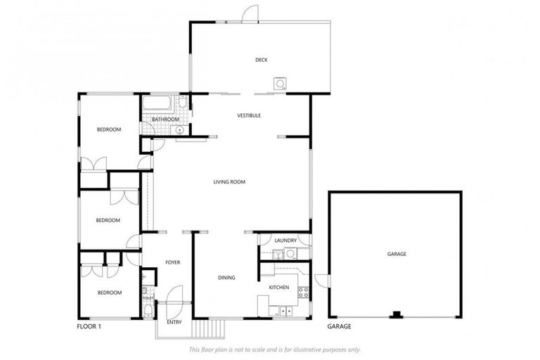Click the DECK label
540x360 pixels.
[x=262, y=60]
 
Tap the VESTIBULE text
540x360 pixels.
[x=249, y=115]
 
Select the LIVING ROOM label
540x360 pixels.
[x=229, y=182]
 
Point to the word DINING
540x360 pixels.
[x=226, y=278]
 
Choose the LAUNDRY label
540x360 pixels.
[x=285, y=240]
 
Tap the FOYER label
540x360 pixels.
[x=172, y=262]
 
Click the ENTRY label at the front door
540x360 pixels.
[x=174, y=322]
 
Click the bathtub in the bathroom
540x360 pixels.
[x=157, y=104]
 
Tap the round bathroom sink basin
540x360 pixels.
[x=179, y=130]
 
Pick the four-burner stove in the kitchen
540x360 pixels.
[x=303, y=291]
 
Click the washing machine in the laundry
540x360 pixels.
[x=290, y=253]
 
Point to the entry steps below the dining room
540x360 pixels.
[x=208, y=328]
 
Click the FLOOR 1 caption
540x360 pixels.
[x=89, y=327]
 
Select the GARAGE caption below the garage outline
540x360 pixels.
[x=340, y=327]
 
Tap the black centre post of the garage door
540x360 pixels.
[x=395, y=314]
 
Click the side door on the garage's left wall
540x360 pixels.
[x=323, y=280]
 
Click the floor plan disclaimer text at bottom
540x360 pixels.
[x=275, y=349]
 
